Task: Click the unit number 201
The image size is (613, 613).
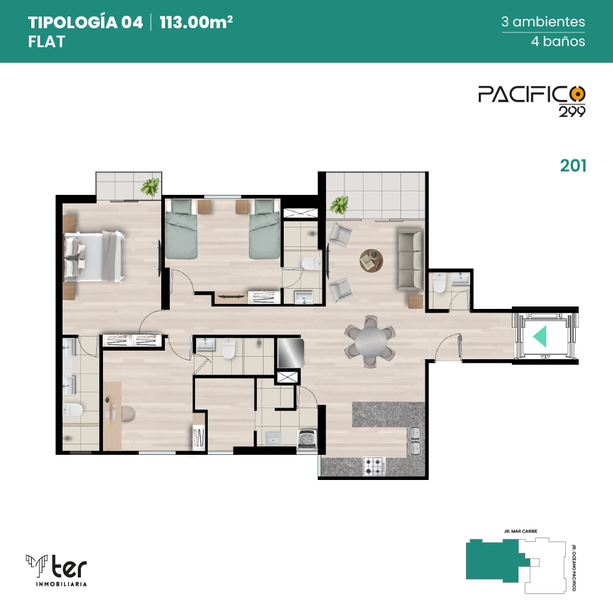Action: [x=573, y=166]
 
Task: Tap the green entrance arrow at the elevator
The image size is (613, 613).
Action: [x=539, y=336]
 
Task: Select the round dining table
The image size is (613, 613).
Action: [x=370, y=341]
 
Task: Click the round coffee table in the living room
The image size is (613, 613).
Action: [x=371, y=261]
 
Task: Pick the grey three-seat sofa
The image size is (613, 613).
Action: [x=411, y=260]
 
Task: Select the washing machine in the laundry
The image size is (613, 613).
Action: [x=307, y=441]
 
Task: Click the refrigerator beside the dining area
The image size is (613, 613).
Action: [x=291, y=353]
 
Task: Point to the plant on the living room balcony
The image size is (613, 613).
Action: [x=339, y=205]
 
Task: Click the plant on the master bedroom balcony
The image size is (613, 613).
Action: [x=150, y=187]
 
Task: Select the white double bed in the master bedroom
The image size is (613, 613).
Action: [x=94, y=256]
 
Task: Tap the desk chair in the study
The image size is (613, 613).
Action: [x=128, y=414]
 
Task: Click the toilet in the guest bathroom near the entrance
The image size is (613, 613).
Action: [x=440, y=283]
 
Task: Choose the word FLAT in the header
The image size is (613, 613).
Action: [x=47, y=42]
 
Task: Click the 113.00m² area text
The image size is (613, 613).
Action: [x=196, y=22]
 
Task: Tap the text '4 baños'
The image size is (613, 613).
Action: [x=558, y=41]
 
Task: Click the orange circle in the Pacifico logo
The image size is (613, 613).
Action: [x=577, y=94]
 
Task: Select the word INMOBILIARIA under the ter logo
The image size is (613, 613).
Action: [x=61, y=584]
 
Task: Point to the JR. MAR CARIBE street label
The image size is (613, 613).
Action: [x=520, y=531]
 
